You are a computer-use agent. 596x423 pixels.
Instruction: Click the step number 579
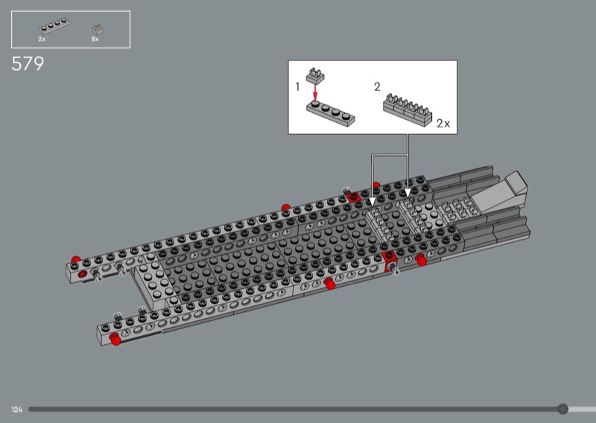pos(28,63)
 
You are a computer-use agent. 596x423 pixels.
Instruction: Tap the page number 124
pos(16,410)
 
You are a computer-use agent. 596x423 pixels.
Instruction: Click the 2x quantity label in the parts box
pos(42,39)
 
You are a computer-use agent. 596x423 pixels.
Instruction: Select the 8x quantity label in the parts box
pos(95,39)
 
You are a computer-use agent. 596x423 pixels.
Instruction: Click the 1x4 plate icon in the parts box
pos(54,26)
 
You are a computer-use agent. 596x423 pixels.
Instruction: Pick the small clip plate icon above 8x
pos(98,29)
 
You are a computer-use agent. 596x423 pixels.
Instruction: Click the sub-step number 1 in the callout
pos(297,87)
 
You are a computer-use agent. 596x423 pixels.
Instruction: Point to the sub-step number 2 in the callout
pos(377,87)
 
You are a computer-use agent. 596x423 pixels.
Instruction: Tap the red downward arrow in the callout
pos(314,92)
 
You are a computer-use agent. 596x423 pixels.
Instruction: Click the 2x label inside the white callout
pos(443,124)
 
